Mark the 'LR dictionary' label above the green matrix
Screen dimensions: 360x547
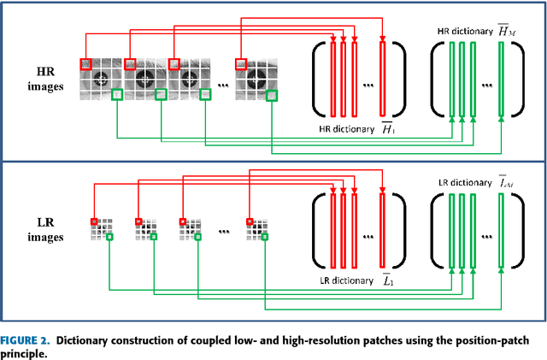[467, 181]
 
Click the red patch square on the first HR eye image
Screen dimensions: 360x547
[86, 63]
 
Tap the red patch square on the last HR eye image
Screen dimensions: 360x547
[242, 63]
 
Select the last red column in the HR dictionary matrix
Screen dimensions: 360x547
[383, 77]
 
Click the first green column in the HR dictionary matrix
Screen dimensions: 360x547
[450, 78]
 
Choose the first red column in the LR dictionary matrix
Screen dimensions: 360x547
[332, 231]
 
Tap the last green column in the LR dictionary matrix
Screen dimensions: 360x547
[502, 231]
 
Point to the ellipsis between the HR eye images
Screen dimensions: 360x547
[223, 86]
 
